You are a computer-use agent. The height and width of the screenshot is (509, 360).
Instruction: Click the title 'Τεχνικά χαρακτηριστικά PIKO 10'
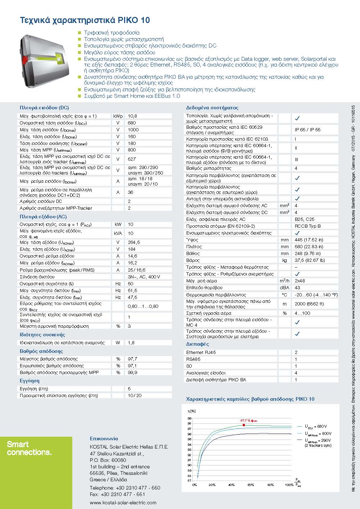pyautogui.click(x=85, y=20)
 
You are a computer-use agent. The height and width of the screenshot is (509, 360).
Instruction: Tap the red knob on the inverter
pyautogui.click(x=24, y=58)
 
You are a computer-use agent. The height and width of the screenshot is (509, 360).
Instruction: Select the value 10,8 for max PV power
pyautogui.click(x=132, y=116)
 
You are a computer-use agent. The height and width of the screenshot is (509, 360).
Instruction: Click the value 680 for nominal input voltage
pyautogui.click(x=132, y=123)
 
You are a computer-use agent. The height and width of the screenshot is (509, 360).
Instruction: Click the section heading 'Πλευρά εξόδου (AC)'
pyautogui.click(x=43, y=217)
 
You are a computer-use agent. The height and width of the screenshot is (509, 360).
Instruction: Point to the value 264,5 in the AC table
pyautogui.click(x=134, y=242)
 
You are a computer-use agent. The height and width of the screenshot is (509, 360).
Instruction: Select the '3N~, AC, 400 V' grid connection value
pyautogui.click(x=144, y=277)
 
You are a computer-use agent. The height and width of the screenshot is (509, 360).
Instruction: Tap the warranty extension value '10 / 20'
pyautogui.click(x=135, y=396)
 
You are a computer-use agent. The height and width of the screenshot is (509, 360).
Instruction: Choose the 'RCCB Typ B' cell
pyautogui.click(x=307, y=226)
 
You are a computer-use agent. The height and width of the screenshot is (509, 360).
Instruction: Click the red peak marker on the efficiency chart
pyautogui.click(x=244, y=425)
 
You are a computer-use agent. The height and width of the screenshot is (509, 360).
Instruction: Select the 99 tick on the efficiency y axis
pyautogui.click(x=190, y=418)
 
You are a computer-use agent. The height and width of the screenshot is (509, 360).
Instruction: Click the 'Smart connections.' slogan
pyautogui.click(x=29, y=448)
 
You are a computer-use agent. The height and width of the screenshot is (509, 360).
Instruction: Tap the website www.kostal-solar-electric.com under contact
pyautogui.click(x=123, y=503)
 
